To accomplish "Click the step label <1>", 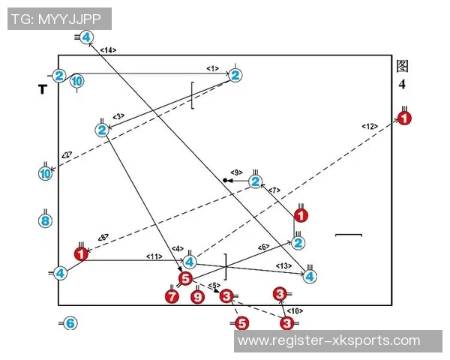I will (x=213, y=68).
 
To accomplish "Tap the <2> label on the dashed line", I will (x=67, y=155).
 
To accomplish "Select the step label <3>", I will (x=118, y=116).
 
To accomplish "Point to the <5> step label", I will (x=213, y=285).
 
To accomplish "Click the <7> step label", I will (x=274, y=190).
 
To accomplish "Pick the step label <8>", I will (x=103, y=238).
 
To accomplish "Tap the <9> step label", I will (x=236, y=172).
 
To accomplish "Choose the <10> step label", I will (x=295, y=310).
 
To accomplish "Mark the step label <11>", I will (x=154, y=256).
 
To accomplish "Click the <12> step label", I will (x=370, y=126).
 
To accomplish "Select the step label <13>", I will (x=283, y=265).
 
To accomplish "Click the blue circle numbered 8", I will (x=45, y=220).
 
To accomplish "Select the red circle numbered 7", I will (x=172, y=297).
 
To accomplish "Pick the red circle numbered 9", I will (x=197, y=297).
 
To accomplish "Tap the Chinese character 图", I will (x=403, y=66).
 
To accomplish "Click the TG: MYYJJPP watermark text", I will (x=59, y=19).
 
